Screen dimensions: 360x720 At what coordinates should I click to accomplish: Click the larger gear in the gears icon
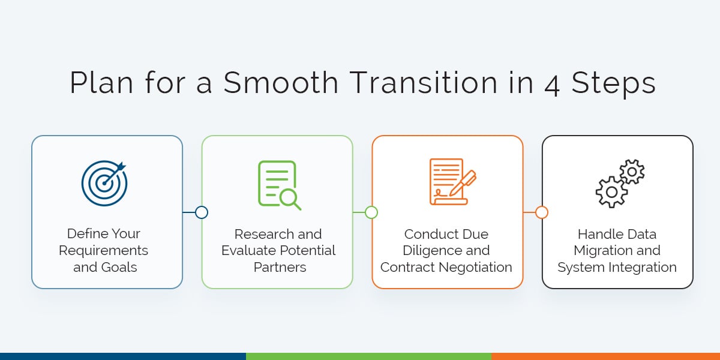click(x=611, y=192)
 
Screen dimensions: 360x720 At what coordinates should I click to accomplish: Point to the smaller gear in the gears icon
click(x=632, y=172)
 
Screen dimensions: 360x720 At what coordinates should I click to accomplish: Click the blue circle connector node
click(x=202, y=212)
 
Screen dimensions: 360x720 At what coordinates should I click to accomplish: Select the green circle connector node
click(x=371, y=212)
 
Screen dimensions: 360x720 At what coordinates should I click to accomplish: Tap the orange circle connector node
click(x=542, y=212)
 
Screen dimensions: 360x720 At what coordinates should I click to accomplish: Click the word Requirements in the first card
click(x=103, y=250)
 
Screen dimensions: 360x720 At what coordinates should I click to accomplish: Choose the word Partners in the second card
click(x=280, y=267)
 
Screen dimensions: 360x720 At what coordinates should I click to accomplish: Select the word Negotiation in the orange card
click(x=476, y=267)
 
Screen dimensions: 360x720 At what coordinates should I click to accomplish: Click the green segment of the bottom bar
click(x=368, y=356)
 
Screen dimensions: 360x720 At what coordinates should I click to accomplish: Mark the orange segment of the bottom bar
click(x=605, y=356)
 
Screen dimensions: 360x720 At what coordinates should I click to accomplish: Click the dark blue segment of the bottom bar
click(x=122, y=356)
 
